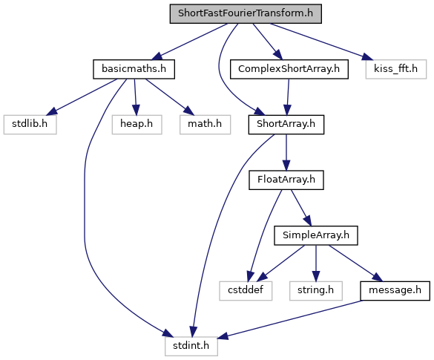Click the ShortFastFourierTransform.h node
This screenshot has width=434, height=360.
[x=246, y=13]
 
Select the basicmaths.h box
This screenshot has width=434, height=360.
[x=134, y=69]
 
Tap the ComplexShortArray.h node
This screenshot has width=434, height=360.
[x=289, y=69]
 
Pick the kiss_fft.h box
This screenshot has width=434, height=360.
[x=396, y=69]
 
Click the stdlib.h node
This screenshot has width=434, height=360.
[x=30, y=125]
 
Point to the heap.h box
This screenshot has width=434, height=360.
[x=137, y=125]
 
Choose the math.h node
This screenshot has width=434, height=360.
[x=205, y=125]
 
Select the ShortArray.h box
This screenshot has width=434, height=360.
[x=286, y=125]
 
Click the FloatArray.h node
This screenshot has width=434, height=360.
[x=286, y=180]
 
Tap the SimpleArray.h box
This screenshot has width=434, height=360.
[x=316, y=235]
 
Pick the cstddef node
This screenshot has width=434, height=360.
[x=246, y=291]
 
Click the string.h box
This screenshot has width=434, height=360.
[x=316, y=291]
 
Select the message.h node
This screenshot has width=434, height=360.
[x=395, y=291]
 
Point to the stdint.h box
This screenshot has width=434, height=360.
[x=191, y=346]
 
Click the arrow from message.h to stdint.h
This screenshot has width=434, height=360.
[x=289, y=319]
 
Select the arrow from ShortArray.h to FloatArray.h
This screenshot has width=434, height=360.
[x=286, y=152]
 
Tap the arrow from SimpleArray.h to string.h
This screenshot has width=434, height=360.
[x=316, y=263]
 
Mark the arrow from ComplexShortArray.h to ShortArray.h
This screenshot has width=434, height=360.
[x=288, y=97]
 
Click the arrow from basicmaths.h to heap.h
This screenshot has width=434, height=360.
[x=135, y=97]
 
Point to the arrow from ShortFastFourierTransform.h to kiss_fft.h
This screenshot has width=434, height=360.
[x=321, y=42]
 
